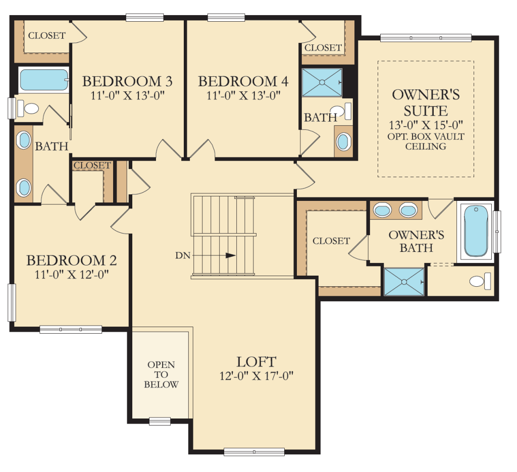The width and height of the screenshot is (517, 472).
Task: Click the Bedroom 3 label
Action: [x=127, y=81]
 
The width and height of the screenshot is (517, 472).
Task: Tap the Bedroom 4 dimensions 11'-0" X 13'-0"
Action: [x=243, y=95]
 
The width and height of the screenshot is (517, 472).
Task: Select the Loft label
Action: [x=256, y=361]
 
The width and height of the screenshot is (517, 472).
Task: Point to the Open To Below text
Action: [x=161, y=375]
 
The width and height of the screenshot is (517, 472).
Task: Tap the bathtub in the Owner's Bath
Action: [x=476, y=231]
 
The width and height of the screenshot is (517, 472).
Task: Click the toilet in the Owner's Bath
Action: [x=480, y=281]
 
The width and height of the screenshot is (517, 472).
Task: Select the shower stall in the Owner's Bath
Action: [x=404, y=282]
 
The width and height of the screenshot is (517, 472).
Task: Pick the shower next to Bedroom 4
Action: [x=322, y=82]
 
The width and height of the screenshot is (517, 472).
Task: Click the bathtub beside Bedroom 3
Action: [x=44, y=80]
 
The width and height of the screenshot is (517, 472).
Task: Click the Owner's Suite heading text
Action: [x=426, y=103]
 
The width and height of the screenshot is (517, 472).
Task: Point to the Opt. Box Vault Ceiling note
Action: [x=426, y=141]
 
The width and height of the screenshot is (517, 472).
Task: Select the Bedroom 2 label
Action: [x=72, y=260]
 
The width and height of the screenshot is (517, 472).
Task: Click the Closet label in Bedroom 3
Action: [x=47, y=36]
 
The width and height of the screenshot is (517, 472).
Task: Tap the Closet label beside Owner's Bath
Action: [x=331, y=241]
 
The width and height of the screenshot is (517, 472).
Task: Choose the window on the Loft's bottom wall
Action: [x=254, y=452]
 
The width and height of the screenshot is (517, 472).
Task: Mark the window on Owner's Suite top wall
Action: [x=426, y=37]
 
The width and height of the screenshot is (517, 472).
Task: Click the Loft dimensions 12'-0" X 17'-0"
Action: [x=256, y=376]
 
